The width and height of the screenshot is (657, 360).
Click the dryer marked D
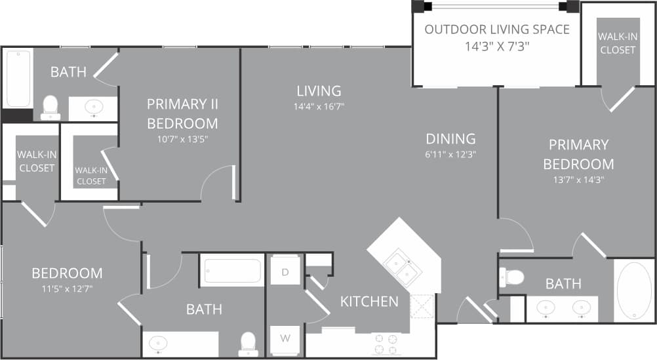[x=285, y=270]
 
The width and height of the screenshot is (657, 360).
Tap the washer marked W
[x=285, y=338]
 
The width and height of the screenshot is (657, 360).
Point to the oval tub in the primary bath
[x=635, y=290]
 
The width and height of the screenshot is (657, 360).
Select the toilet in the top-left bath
[x=50, y=108]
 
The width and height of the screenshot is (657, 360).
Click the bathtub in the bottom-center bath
[x=232, y=270]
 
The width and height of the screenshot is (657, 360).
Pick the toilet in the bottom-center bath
[x=248, y=343]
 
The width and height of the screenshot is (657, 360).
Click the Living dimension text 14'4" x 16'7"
[x=319, y=106]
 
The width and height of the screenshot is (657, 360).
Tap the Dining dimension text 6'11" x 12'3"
[x=451, y=155]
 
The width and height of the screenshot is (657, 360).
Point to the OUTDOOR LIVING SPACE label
[x=496, y=30]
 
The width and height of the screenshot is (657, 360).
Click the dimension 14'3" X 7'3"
[x=496, y=47]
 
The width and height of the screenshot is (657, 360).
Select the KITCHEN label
[x=369, y=302]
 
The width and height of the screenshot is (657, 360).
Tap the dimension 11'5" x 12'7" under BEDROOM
[x=68, y=288]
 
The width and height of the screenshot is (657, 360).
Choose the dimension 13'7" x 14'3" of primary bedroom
[x=578, y=179]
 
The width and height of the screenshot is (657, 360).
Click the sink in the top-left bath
[x=94, y=108]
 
